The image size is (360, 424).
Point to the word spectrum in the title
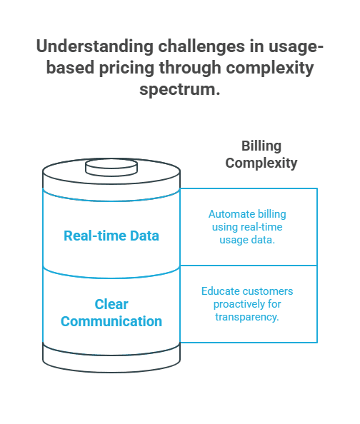click(179, 90)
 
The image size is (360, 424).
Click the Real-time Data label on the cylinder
click(111, 236)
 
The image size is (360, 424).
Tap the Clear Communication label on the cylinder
click(111, 313)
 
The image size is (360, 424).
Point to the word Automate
click(231, 214)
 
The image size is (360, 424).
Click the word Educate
click(221, 291)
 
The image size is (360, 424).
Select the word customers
click(268, 291)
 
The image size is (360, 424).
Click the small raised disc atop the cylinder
click(111, 167)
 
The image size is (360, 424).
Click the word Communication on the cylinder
click(111, 321)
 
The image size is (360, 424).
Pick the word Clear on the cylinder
click(111, 304)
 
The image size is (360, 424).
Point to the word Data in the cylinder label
click(144, 236)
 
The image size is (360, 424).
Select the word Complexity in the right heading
click(261, 163)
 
